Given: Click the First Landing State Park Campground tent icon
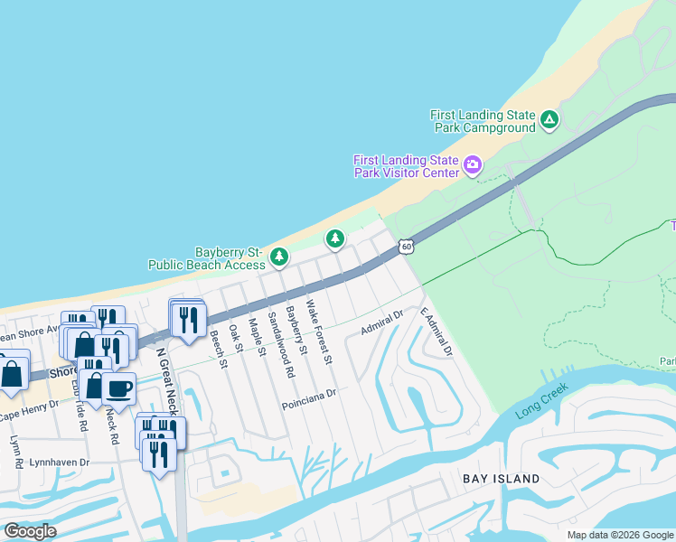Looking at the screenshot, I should tap(549, 119).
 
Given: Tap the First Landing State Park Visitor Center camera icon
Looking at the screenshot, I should tap(473, 164).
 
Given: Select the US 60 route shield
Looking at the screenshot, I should tap(407, 246).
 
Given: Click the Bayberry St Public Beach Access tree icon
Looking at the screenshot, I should tap(280, 257).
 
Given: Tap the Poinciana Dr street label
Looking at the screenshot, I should tap(308, 395).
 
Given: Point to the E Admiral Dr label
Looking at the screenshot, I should tap(436, 331).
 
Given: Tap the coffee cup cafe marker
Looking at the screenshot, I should tap(118, 389).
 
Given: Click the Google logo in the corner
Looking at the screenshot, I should tap(30, 531).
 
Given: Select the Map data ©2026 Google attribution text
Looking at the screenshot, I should tap(620, 535).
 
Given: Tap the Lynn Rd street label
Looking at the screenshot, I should tap(17, 453).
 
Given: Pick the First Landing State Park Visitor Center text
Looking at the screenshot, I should tap(406, 167).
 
